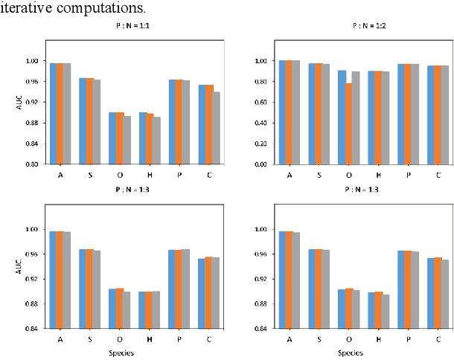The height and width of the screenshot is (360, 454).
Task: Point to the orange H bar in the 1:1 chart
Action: point(150,138)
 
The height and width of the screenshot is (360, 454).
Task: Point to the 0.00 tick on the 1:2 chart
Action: point(260,164)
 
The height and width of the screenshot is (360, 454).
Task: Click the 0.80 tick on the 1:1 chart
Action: point(34,164)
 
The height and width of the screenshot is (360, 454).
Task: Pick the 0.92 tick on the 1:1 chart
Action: point(34,102)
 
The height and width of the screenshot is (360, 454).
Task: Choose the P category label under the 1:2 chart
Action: point(407,176)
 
